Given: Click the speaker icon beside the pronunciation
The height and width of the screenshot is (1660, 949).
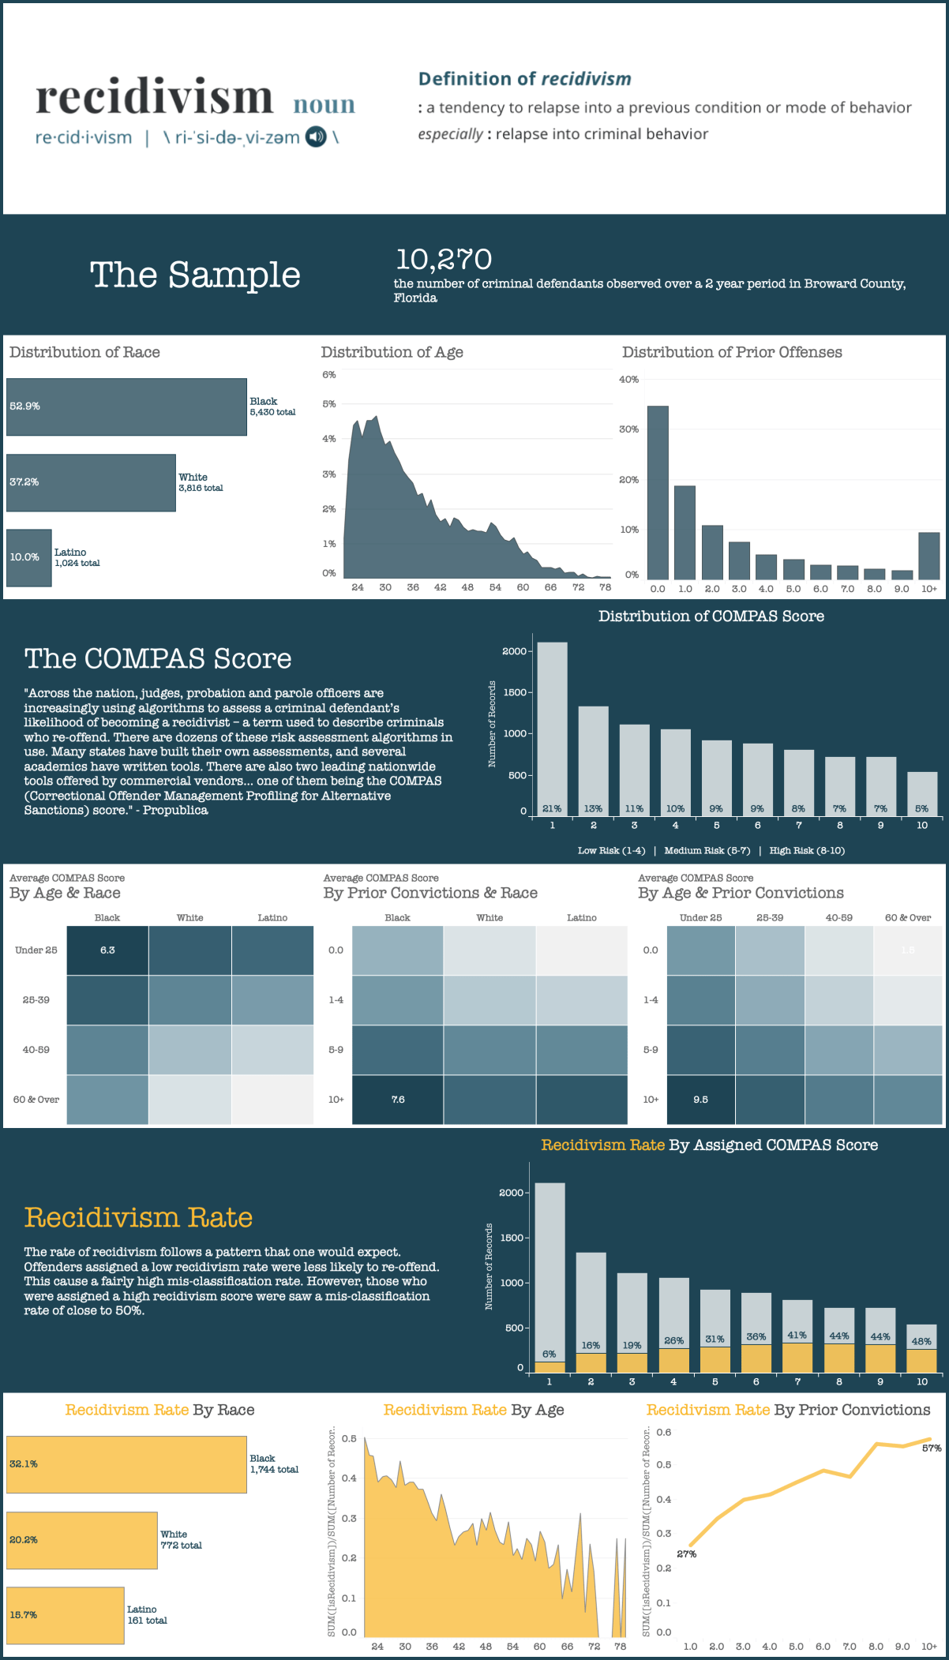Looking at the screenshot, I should click(x=316, y=137).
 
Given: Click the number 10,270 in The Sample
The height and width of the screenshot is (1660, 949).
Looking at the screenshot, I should click(x=443, y=259).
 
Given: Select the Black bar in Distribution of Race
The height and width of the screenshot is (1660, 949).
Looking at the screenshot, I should click(x=126, y=407).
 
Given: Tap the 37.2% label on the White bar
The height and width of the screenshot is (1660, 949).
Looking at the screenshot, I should click(x=24, y=482).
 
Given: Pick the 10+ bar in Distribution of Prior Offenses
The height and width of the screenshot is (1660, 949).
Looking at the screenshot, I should click(x=929, y=556).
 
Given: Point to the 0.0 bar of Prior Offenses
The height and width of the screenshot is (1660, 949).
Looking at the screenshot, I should click(x=658, y=493).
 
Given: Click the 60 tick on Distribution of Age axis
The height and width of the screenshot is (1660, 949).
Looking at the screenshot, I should click(x=523, y=587).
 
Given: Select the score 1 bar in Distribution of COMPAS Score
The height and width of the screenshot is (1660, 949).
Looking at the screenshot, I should click(x=552, y=726).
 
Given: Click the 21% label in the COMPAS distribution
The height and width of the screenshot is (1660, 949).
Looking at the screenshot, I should click(x=552, y=808).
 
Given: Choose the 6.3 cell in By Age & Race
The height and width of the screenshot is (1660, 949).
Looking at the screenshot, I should click(x=107, y=950).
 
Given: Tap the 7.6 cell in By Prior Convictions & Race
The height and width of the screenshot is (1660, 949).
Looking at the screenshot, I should click(x=398, y=1100).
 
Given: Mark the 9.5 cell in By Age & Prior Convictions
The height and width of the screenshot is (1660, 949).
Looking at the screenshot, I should click(x=700, y=1100).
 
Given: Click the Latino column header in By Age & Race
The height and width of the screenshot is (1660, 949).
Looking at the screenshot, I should click(x=272, y=917).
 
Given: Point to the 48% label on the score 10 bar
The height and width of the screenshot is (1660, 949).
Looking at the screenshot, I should click(x=921, y=1341).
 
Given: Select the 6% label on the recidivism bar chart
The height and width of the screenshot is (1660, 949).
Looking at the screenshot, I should click(x=550, y=1354).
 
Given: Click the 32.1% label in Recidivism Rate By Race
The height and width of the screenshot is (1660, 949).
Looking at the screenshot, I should click(x=24, y=1463).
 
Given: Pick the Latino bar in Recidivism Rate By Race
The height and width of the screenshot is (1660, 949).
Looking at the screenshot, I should click(x=65, y=1615).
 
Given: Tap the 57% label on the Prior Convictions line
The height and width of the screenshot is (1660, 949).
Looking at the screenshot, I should click(x=932, y=1448).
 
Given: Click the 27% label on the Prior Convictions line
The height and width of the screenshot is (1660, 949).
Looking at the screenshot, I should click(x=687, y=1553).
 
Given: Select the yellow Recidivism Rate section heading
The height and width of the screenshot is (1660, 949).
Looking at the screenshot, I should click(x=138, y=1217).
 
